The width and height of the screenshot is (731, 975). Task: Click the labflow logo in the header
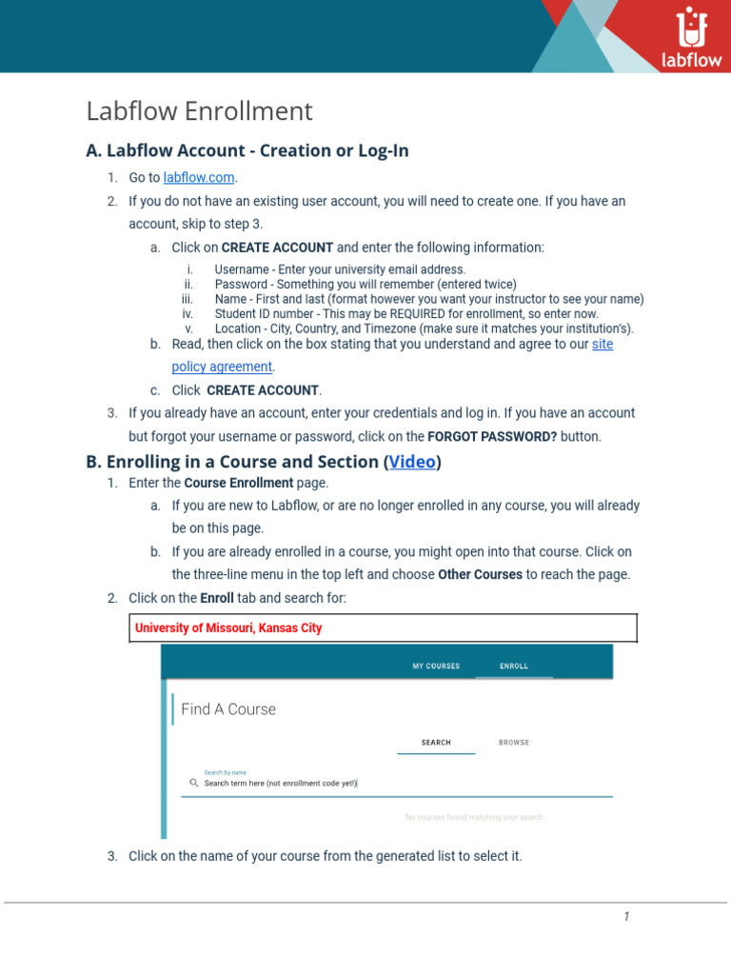[x=690, y=38]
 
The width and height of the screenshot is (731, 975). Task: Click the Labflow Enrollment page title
[x=199, y=111]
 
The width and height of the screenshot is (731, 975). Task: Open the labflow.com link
[x=199, y=178]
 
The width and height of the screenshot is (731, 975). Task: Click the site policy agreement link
[x=223, y=367]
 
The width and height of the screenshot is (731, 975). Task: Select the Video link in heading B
[x=412, y=462]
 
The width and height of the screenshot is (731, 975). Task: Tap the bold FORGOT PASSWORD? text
[x=492, y=437]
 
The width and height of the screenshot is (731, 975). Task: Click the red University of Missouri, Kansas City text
[x=228, y=628]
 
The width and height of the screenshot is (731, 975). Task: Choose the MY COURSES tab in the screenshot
[x=436, y=667]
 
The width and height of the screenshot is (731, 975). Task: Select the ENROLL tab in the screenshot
[x=514, y=667]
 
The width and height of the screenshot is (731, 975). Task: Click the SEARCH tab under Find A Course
[x=436, y=743]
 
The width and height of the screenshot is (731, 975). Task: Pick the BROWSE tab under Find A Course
[x=514, y=743]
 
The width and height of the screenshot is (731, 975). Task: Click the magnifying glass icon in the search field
[x=193, y=784]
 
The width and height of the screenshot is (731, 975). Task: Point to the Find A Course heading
[x=228, y=709]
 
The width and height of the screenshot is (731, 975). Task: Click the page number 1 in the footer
[x=626, y=917]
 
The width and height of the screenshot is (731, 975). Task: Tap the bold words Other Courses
[x=480, y=575]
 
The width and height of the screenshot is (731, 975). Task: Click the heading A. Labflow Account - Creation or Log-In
[x=247, y=150]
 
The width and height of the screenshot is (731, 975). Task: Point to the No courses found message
[x=474, y=818]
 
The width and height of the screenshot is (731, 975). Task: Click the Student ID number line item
[x=406, y=313]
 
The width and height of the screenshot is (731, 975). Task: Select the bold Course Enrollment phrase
[x=238, y=484]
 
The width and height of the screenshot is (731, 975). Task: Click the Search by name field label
[x=225, y=772]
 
